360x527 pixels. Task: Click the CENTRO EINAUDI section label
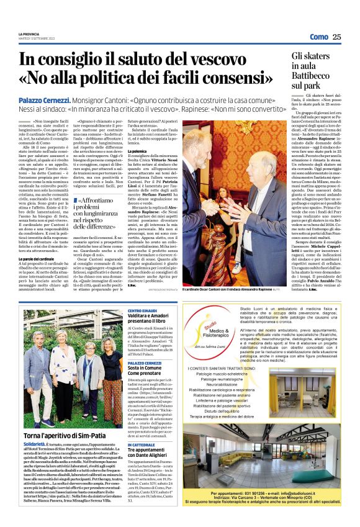pyautogui.click(x=142, y=309)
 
